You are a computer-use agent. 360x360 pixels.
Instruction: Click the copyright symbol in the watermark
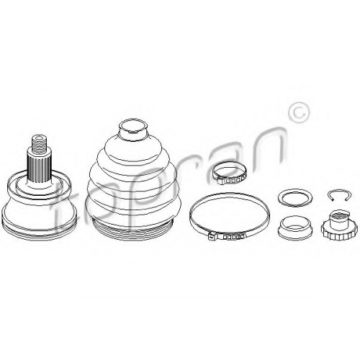299,114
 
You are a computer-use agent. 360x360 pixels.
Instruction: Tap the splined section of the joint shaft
40,168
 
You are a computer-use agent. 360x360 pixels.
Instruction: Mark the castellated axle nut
339,225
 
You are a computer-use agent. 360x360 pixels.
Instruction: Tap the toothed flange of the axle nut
339,233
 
